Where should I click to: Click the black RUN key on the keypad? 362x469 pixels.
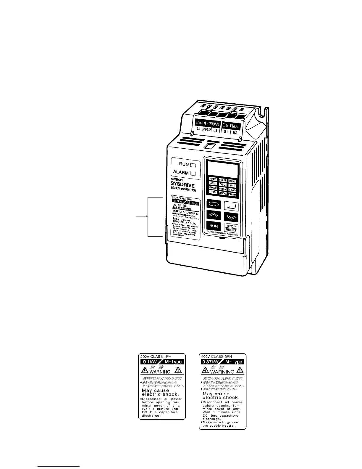pyautogui.click(x=214, y=226)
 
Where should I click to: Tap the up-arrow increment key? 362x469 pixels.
pyautogui.click(x=214, y=215)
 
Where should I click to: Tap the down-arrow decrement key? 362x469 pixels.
pyautogui.click(x=231, y=216)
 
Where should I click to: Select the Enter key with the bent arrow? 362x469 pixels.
pyautogui.click(x=231, y=205)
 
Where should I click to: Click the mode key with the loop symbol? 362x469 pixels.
pyautogui.click(x=214, y=204)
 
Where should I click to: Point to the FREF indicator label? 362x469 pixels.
pyautogui.click(x=213, y=179)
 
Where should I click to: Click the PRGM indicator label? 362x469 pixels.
pyautogui.click(x=232, y=195)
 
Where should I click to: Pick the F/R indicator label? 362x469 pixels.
pyautogui.click(x=232, y=185)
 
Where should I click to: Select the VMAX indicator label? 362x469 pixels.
pyautogui.click(x=223, y=189)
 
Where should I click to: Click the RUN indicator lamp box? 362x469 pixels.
pyautogui.click(x=193, y=165)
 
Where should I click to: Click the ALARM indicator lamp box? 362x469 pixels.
pyautogui.click(x=193, y=173)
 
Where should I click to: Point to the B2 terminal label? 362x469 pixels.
pyautogui.click(x=235, y=133)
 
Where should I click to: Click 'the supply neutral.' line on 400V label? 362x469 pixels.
pyautogui.click(x=219, y=426)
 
